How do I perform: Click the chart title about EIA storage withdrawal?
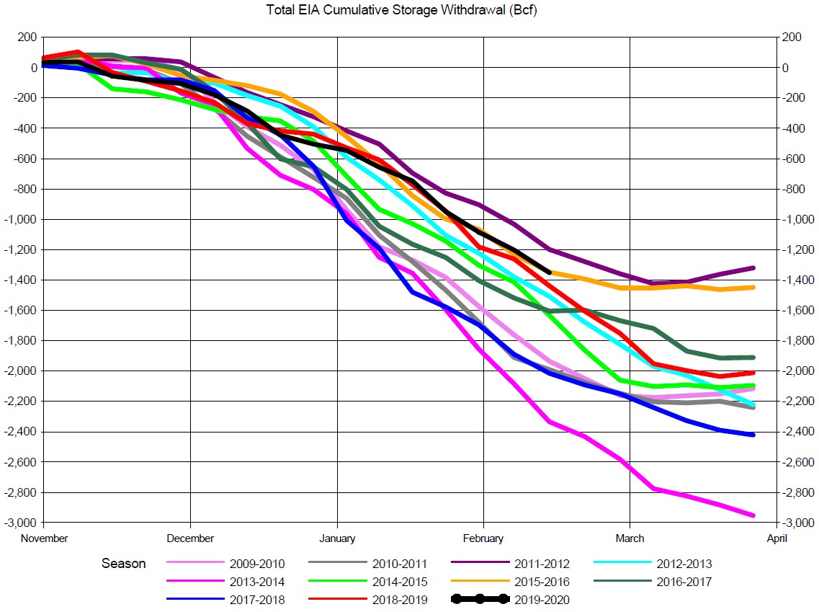409,10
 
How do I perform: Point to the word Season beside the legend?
123,564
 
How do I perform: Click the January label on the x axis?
336,538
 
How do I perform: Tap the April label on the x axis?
777,538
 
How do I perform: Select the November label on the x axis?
45,538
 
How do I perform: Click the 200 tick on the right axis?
791,37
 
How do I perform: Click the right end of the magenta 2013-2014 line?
753,515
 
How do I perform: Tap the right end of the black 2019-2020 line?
549,272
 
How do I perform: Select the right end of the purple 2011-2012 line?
753,267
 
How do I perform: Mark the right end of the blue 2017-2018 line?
753,435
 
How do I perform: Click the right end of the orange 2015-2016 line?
753,288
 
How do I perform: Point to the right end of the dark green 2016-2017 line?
753,358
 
